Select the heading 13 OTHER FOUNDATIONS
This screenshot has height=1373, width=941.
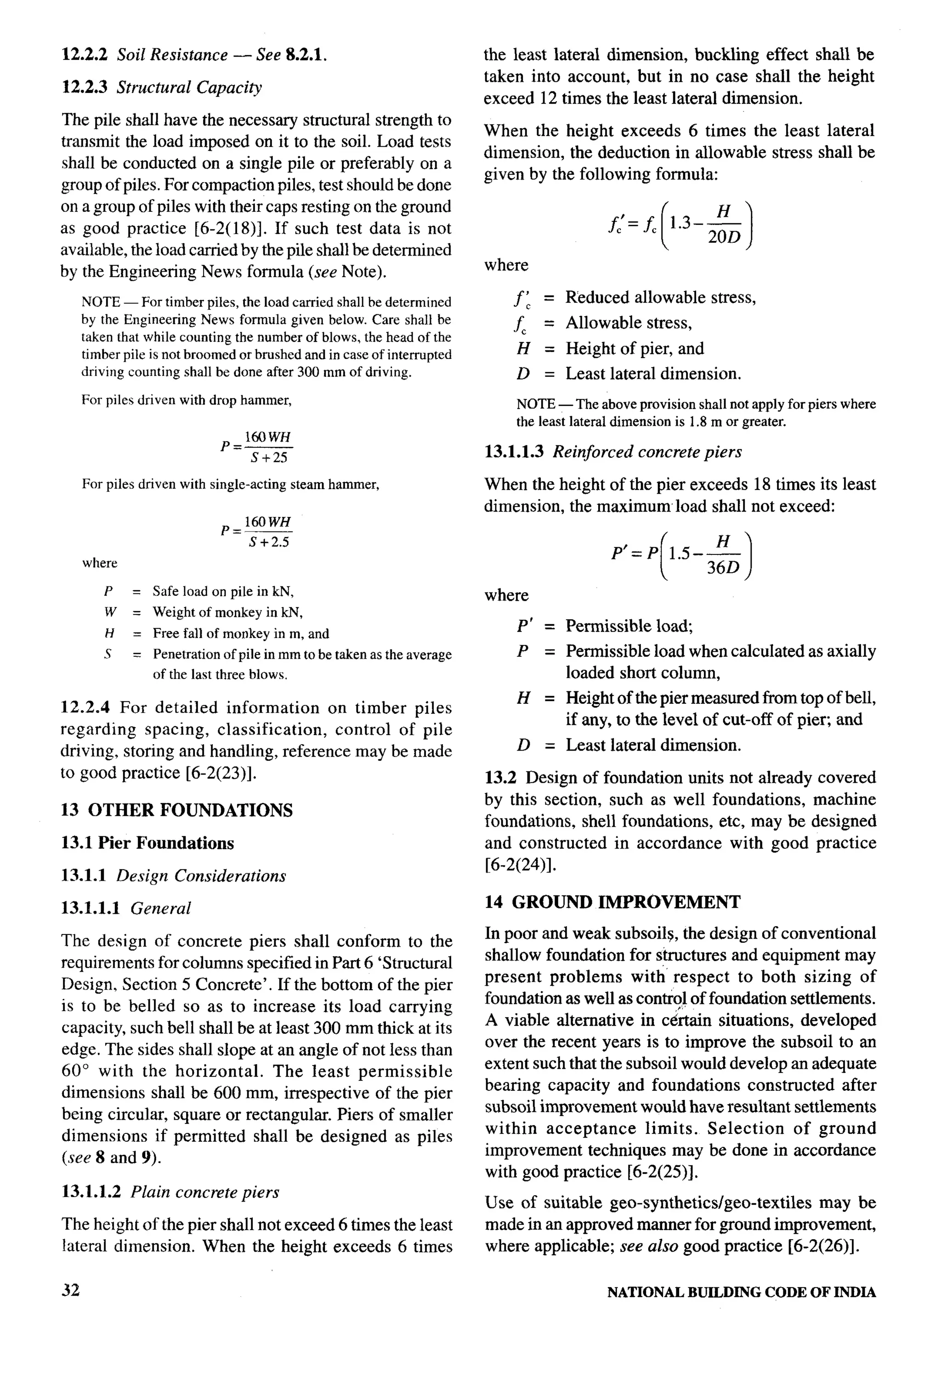(176, 810)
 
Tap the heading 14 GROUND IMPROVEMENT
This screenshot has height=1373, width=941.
(612, 902)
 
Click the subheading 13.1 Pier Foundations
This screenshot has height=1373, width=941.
(147, 843)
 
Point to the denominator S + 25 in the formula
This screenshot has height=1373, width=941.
(268, 458)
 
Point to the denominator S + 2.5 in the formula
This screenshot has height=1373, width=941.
(269, 542)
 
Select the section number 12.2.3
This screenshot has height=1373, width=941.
(84, 87)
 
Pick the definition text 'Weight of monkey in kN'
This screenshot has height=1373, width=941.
(227, 612)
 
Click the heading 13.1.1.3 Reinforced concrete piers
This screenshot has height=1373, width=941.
(612, 452)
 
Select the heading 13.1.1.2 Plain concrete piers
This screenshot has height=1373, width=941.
(170, 1192)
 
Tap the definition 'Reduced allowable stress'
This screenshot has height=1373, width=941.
(660, 297)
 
